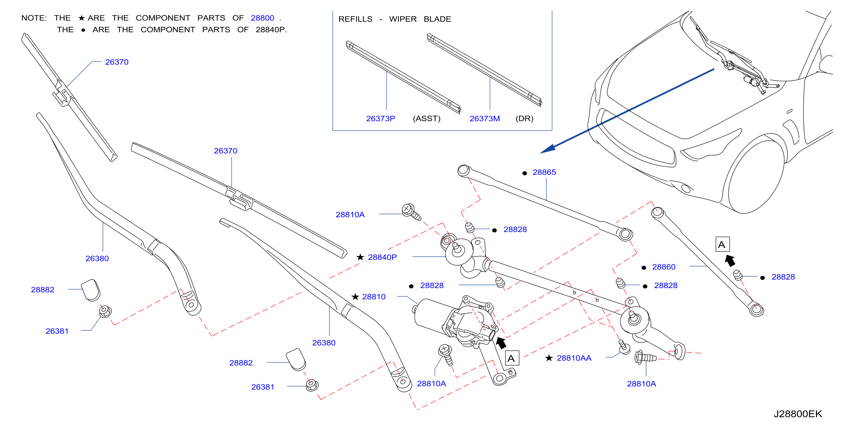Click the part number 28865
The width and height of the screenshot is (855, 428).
[544, 172]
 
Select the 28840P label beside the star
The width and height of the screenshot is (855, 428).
[382, 257]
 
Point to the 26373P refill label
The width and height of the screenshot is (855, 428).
[380, 119]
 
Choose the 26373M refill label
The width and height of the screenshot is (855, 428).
[485, 119]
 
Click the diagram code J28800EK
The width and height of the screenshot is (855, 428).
[798, 414]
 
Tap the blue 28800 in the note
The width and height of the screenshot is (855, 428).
[262, 18]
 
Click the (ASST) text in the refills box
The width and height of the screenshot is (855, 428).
[426, 119]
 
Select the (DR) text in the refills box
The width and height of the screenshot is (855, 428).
[524, 119]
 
